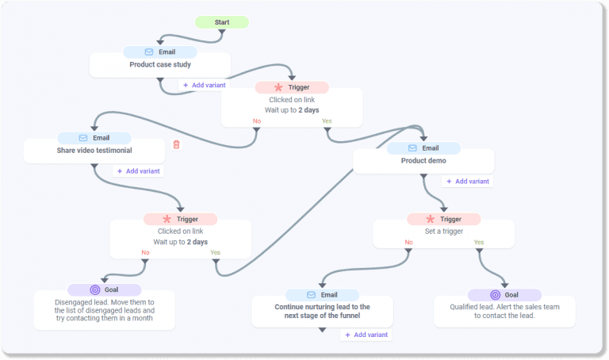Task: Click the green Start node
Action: tap(221, 22)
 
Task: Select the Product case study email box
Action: tap(160, 65)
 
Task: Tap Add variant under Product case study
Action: tap(205, 85)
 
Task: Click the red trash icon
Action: tap(176, 144)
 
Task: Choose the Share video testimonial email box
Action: tap(94, 151)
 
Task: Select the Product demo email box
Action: tap(423, 161)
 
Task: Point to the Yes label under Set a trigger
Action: tap(479, 243)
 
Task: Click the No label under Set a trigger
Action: tap(408, 243)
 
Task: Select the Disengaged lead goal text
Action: tap(105, 311)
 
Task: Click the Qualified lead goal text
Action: tap(504, 311)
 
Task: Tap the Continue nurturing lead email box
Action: tap(322, 311)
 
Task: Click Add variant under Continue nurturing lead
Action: tap(366, 335)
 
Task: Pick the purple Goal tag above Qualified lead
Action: tap(504, 295)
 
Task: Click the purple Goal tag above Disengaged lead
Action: tap(104, 290)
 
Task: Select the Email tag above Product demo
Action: tap(423, 148)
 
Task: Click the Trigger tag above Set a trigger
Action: tap(443, 219)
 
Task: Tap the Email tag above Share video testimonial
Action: tap(94, 138)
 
